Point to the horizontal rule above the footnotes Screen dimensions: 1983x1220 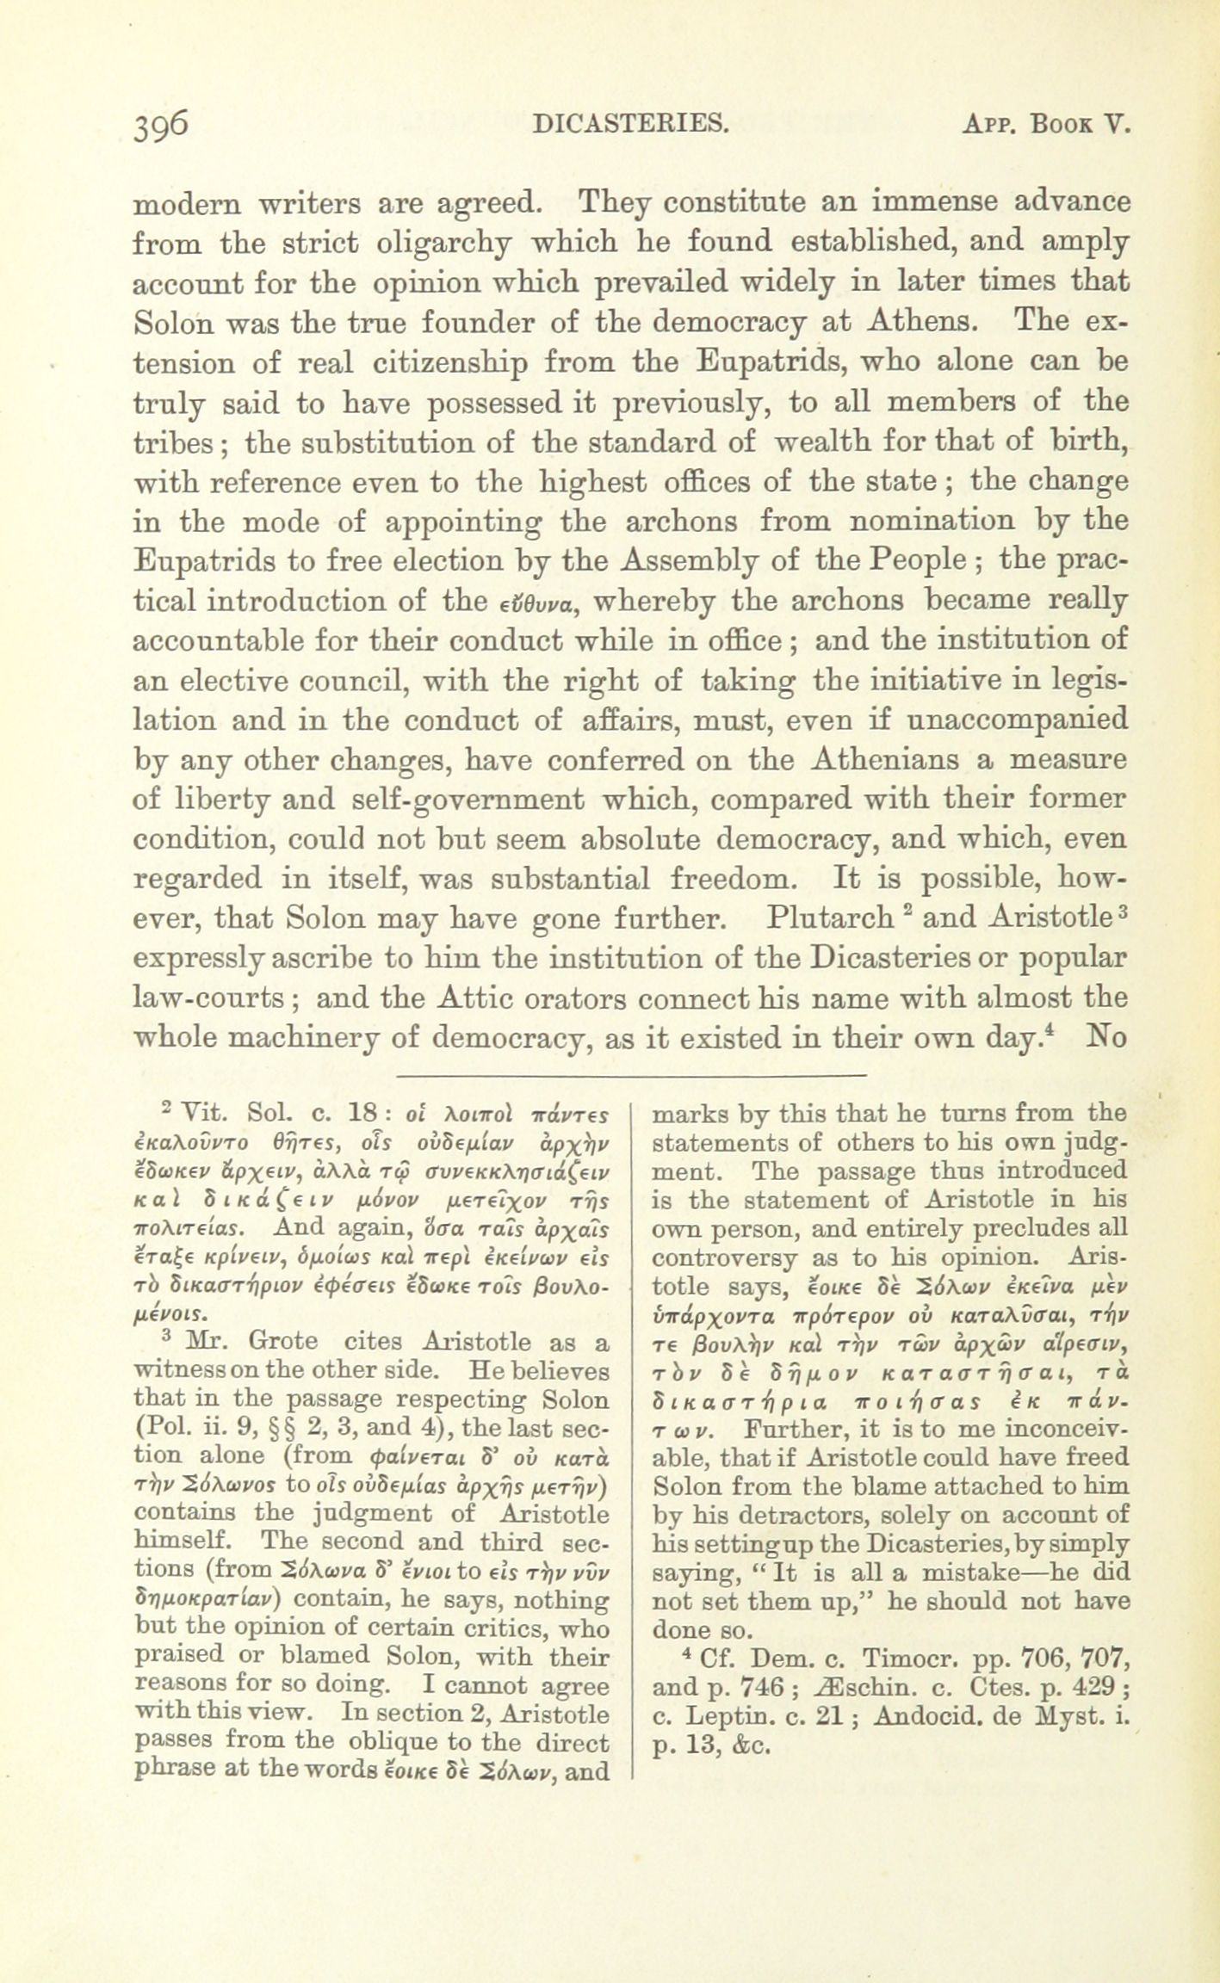tap(630, 1075)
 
